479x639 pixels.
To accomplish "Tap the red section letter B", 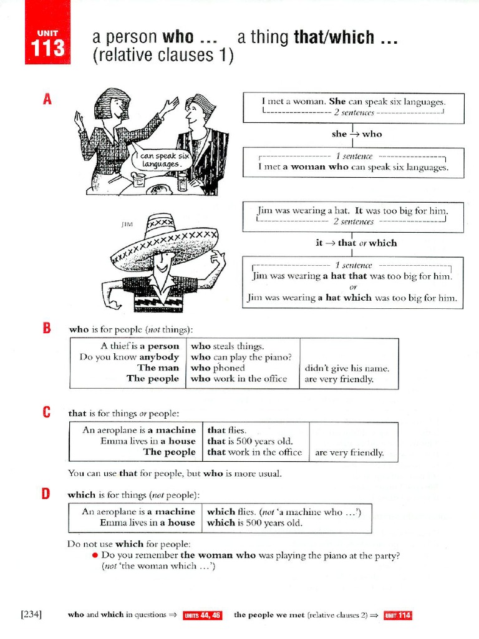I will point(46,329).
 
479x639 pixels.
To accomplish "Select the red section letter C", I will point(46,413).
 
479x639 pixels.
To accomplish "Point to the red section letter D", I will point(46,494).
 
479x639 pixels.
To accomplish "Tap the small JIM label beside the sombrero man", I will point(127,223).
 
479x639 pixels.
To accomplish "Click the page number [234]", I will point(31,615).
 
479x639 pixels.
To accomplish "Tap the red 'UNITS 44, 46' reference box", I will point(202,615).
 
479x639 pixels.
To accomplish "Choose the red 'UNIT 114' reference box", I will point(397,615).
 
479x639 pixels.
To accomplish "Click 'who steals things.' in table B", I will point(228,346).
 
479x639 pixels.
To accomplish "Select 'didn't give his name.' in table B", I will point(347,368).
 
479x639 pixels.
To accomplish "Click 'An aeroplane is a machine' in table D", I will point(138,512).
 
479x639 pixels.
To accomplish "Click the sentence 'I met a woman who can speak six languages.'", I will point(353,167).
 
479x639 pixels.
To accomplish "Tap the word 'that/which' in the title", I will point(333,37).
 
